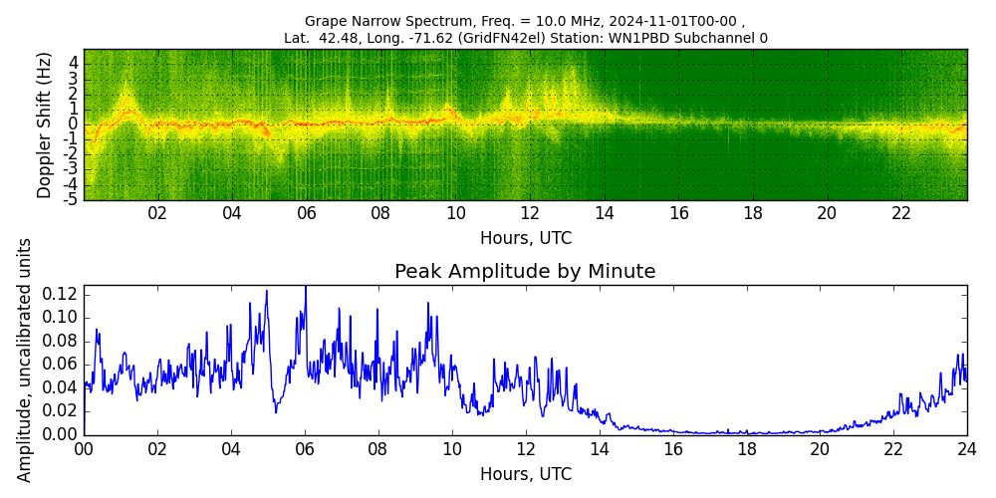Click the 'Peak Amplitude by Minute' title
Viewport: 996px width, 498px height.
pos(525,272)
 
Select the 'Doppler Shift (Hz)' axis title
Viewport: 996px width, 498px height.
pos(45,124)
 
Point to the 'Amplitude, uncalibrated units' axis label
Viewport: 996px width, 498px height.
pos(25,360)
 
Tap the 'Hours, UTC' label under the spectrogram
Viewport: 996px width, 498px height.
pos(525,239)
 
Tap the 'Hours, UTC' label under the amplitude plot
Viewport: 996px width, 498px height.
pos(525,474)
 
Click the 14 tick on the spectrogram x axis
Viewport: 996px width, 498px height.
pos(605,213)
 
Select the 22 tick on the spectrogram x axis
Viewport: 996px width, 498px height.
pos(901,213)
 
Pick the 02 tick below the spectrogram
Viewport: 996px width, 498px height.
pos(157,213)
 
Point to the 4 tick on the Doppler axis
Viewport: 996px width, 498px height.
pos(74,63)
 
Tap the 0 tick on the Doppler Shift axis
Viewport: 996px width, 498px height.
pos(74,124)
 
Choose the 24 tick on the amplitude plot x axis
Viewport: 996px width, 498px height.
pos(966,448)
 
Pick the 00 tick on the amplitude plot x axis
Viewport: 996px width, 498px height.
pos(84,448)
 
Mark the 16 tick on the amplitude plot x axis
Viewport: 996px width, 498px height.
pos(672,448)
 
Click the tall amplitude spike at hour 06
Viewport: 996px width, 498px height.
pos(305,289)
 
